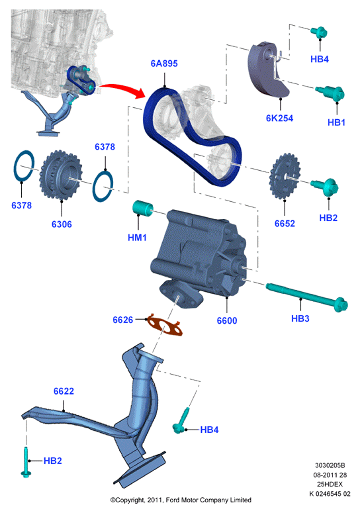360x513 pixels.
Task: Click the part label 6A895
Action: pyautogui.click(x=164, y=63)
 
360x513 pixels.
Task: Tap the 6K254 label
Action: pyautogui.click(x=279, y=118)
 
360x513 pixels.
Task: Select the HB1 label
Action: pyautogui.click(x=336, y=122)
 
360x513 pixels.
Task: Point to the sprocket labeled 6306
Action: pyautogui.click(x=60, y=175)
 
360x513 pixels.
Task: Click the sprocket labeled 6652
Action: pyautogui.click(x=284, y=176)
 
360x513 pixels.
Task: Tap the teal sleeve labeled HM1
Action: pyautogui.click(x=143, y=208)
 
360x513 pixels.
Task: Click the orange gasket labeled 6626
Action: pyautogui.click(x=165, y=325)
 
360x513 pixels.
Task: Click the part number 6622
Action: pyautogui.click(x=64, y=391)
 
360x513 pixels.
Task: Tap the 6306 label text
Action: pyautogui.click(x=62, y=224)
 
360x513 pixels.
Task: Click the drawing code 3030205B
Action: pyautogui.click(x=330, y=465)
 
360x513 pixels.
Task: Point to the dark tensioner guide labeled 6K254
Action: pyautogui.click(x=267, y=70)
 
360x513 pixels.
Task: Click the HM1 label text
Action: pyautogui.click(x=138, y=238)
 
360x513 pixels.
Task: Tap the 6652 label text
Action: pyautogui.click(x=285, y=224)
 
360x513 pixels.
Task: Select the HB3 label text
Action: pyautogui.click(x=300, y=318)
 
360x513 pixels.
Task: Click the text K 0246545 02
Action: pyautogui.click(x=330, y=494)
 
